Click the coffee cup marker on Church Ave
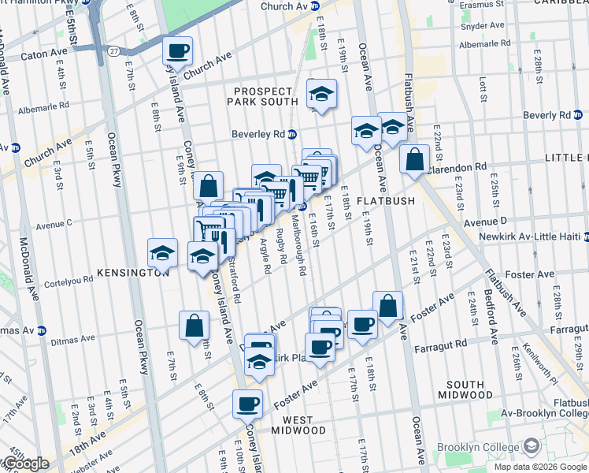pos(177,51)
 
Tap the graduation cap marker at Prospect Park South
pos(320,95)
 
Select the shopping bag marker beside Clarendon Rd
pos(414,160)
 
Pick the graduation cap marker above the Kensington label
pos(162,253)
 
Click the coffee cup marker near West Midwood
pos(247,404)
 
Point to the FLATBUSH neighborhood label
pos(385,201)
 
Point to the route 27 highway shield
pos(114,51)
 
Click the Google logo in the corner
pos(25,464)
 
